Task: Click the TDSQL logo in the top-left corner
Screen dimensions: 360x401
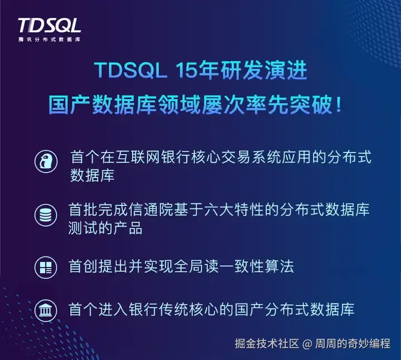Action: (49, 26)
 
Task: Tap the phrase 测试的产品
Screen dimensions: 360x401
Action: (105, 228)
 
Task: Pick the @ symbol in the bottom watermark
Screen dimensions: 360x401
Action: (306, 343)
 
